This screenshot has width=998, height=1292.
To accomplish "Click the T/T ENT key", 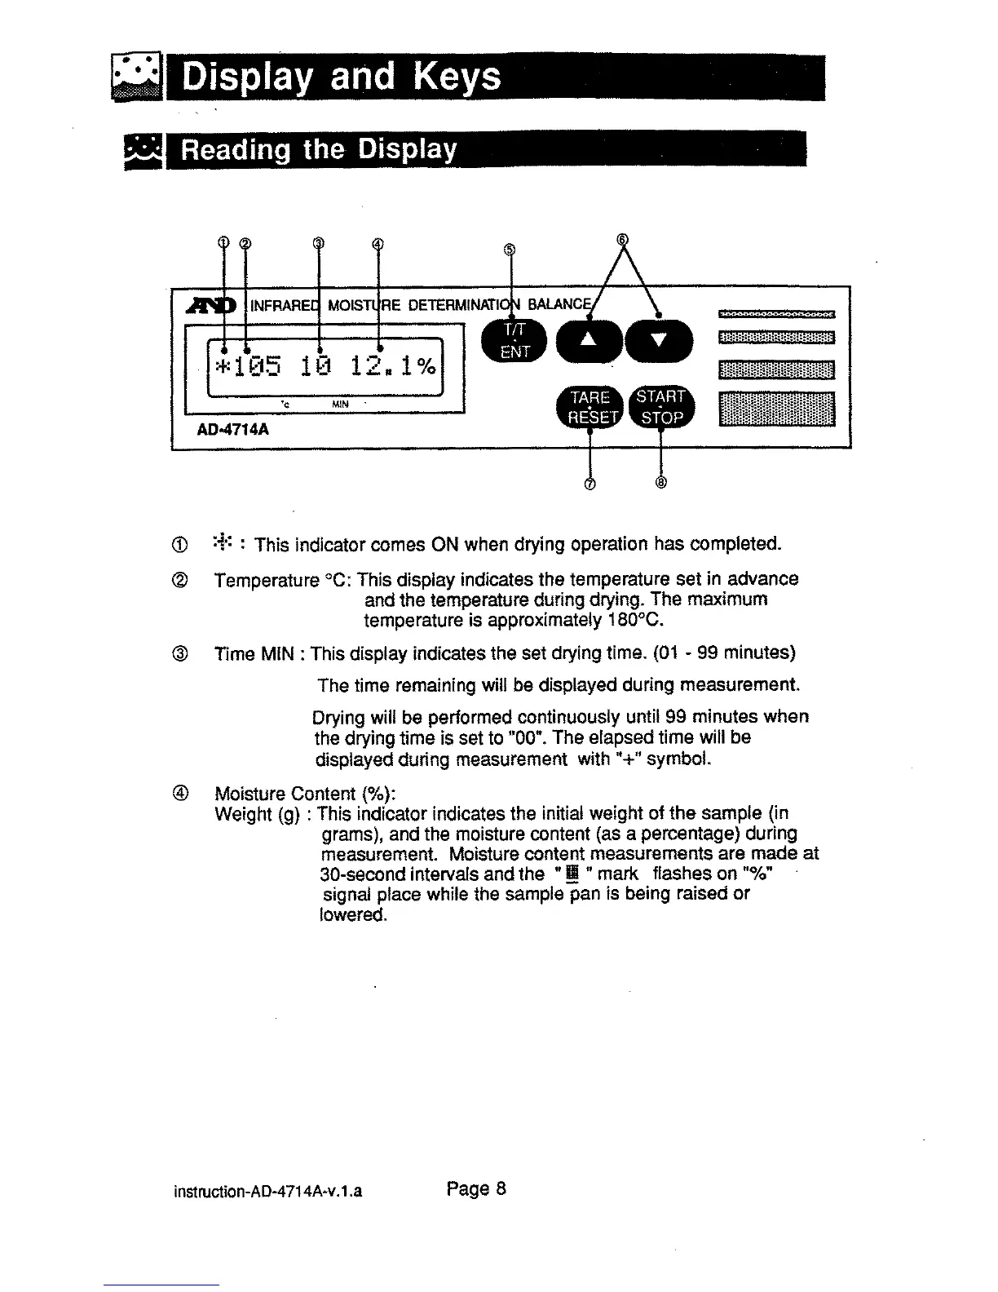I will (515, 340).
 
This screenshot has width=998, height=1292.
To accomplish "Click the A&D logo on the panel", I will (213, 306).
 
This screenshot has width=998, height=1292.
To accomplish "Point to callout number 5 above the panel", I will (509, 250).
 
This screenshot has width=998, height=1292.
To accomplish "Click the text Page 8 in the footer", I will (477, 1188).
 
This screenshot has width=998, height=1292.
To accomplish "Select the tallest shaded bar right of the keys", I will (777, 409).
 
